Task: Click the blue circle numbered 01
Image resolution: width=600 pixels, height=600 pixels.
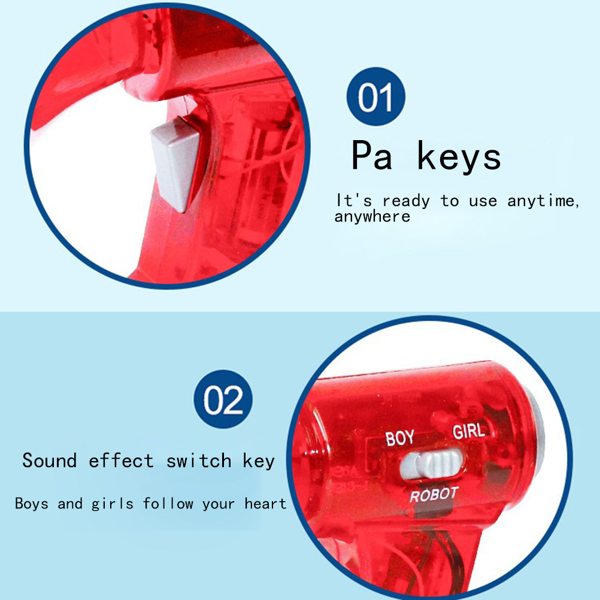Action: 376,96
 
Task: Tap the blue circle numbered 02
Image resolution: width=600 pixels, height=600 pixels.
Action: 223,399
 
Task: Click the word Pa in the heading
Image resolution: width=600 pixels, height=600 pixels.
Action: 371,155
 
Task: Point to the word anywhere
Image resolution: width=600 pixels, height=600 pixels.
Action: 372,217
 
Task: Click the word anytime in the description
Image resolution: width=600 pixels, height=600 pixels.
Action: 543,201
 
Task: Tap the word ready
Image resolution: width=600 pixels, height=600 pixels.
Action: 406,202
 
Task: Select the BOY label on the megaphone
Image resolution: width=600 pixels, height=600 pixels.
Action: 399,438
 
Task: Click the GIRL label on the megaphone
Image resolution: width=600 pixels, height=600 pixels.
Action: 469,431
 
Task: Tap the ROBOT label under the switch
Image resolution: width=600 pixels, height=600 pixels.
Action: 434,495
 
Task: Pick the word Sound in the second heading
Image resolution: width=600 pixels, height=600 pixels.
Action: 49,460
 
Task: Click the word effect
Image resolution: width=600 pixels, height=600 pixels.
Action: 122,460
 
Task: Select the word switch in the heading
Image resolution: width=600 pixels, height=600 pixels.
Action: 199,460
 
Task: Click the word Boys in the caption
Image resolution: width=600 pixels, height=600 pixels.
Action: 32,503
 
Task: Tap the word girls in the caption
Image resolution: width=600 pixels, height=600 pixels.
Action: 113,504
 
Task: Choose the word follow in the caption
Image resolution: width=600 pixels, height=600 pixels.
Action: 168,503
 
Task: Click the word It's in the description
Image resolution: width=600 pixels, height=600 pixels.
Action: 354,201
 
